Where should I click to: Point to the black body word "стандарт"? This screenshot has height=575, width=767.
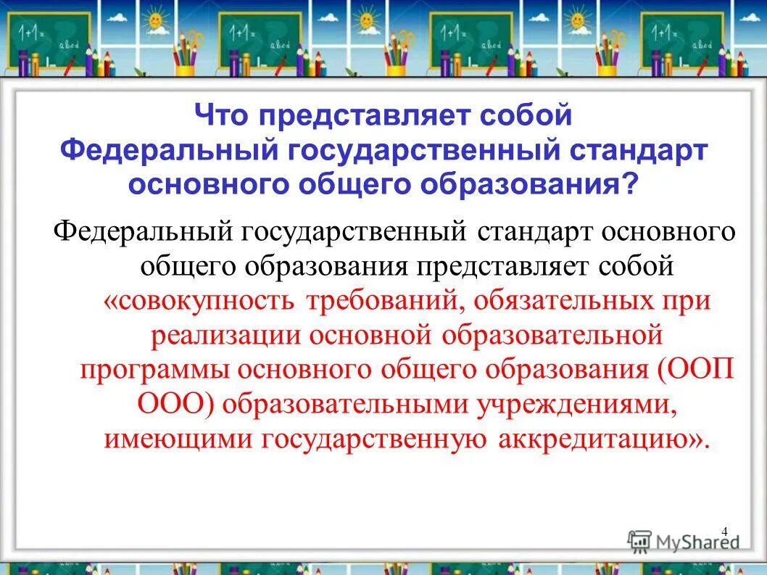pos(537,232)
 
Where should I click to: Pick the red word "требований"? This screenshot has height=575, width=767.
pos(376,301)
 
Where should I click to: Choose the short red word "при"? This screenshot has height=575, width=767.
pos(686,301)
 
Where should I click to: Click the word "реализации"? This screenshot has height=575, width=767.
pos(225,335)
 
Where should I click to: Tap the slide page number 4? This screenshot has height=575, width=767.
pos(725,531)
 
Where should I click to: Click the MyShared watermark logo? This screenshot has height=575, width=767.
pos(683,541)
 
